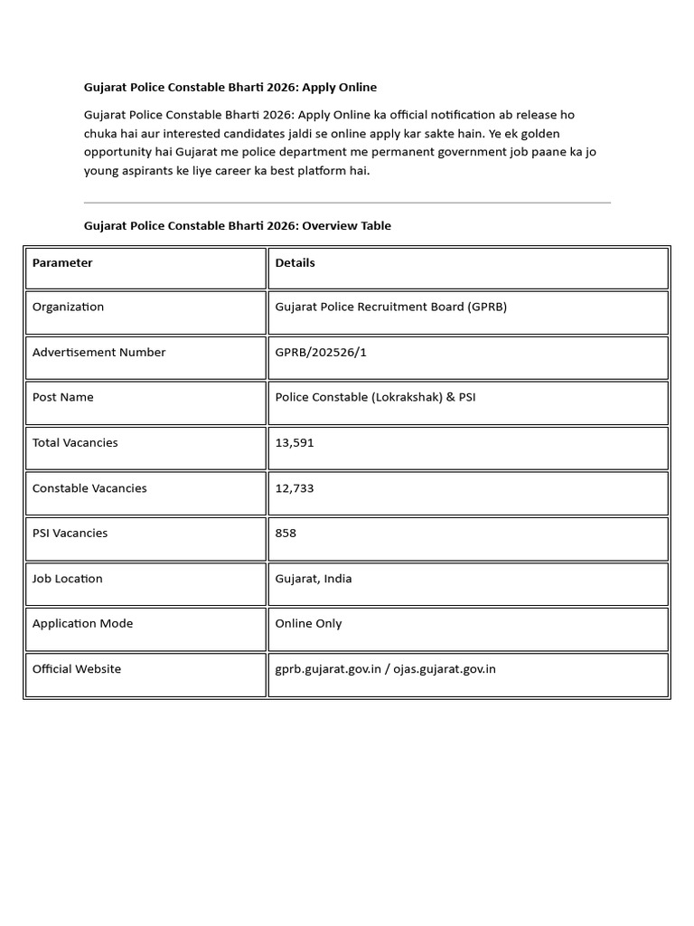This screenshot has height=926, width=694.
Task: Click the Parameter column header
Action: point(62,263)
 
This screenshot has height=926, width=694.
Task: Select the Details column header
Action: point(295,263)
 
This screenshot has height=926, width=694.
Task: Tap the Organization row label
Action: point(68,307)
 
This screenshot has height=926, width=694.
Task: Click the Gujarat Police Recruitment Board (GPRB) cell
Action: point(390,307)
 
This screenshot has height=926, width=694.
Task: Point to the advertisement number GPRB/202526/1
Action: point(321,353)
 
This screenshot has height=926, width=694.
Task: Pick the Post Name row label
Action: point(62,398)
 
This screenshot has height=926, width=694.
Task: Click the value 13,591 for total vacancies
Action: point(295,443)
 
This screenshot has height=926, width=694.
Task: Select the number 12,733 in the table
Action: point(295,488)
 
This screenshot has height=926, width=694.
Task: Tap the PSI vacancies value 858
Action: point(286,534)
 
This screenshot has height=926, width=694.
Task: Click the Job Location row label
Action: point(67,579)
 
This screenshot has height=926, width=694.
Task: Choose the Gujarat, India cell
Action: point(314,579)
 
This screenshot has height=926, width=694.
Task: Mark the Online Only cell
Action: point(308,624)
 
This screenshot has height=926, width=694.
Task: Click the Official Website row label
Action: point(76,669)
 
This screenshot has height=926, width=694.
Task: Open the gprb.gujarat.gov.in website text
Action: point(328,669)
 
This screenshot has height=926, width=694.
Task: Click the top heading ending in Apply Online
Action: point(230,88)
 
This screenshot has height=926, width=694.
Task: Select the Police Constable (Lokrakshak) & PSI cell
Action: point(375,398)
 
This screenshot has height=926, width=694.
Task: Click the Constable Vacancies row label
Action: point(89,488)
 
